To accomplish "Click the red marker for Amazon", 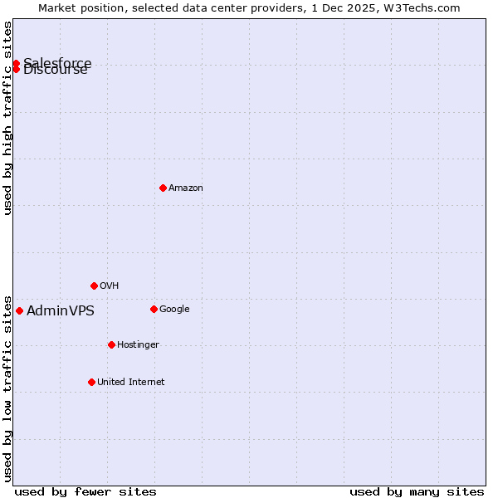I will (163, 188).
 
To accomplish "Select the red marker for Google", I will (154, 309).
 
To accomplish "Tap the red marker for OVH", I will (94, 286).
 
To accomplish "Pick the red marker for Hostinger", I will (111, 344).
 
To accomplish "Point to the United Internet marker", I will (91, 382).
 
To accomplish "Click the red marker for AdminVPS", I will (19, 310).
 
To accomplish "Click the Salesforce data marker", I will (16, 63).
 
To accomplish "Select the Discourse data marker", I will (16, 69).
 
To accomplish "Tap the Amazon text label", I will (186, 188).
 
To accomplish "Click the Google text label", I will (174, 309).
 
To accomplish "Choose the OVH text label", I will (110, 286).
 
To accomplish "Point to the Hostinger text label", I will (138, 344).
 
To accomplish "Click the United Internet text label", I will (130, 382).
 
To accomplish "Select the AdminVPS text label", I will (61, 311).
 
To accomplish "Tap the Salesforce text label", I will (58, 62).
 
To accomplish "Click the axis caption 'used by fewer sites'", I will (85, 491).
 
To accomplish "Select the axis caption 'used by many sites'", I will (417, 491).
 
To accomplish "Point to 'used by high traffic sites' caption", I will (8, 118).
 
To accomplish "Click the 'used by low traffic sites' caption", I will (8, 388).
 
